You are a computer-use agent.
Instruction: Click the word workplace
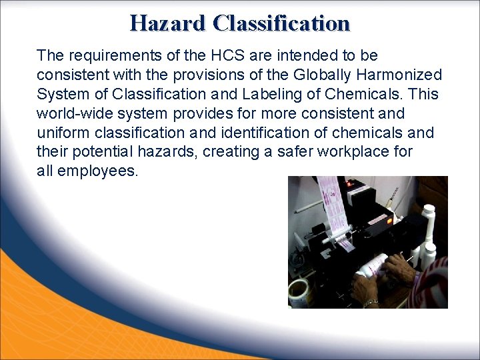[x=357, y=152]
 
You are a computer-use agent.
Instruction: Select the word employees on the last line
[x=97, y=171]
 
